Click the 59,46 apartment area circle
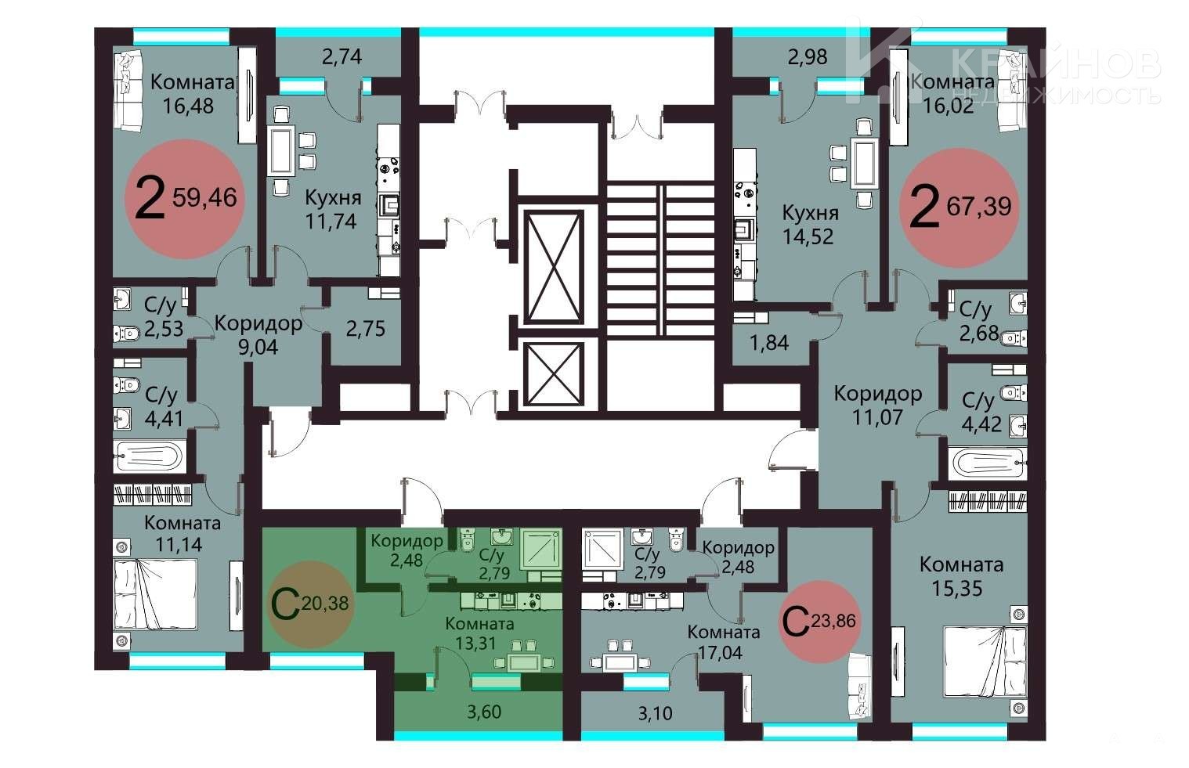pyautogui.click(x=184, y=199)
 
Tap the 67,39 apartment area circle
pyautogui.click(x=960, y=207)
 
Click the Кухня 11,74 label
pyautogui.click(x=332, y=209)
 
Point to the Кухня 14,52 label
pyautogui.click(x=809, y=225)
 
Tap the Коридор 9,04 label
pyautogui.click(x=258, y=334)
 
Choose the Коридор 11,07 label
pyautogui.click(x=877, y=406)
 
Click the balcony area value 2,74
pyautogui.click(x=342, y=56)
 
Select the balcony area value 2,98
pyautogui.click(x=808, y=56)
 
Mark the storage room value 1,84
pyautogui.click(x=769, y=343)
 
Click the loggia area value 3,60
pyautogui.click(x=484, y=712)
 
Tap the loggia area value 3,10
pyautogui.click(x=655, y=713)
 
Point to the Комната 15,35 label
pyautogui.click(x=961, y=576)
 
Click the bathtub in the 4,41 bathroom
pyautogui.click(x=149, y=457)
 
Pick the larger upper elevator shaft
pyautogui.click(x=554, y=267)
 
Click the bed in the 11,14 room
pyautogui.click(x=156, y=594)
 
